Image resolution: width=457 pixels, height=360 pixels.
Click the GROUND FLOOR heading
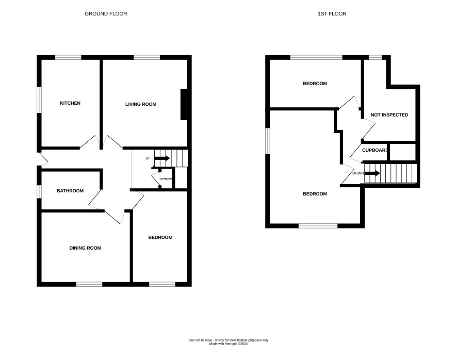coord(106,14)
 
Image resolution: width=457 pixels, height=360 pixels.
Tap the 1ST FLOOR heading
coord(332,14)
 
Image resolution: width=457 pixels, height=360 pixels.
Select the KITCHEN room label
coord(70,103)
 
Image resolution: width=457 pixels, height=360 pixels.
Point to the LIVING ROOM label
coord(141,104)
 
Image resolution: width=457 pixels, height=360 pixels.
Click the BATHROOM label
coord(70,191)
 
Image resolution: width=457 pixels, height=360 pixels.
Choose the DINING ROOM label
coord(85,248)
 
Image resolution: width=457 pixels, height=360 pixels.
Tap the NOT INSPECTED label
coord(389,115)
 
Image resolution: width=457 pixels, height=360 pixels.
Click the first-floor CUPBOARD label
coord(375,151)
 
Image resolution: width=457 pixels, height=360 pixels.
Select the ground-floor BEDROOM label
coord(160,238)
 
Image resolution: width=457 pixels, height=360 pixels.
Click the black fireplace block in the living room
coord(184,104)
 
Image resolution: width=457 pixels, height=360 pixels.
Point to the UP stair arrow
coord(162,158)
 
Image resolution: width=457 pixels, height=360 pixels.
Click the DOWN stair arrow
coord(372,173)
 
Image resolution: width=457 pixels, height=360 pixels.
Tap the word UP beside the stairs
coord(148,158)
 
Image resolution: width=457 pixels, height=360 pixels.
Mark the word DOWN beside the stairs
coord(358,173)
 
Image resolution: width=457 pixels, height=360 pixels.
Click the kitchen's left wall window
coord(39,100)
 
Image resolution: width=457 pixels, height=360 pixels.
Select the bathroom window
coord(39,192)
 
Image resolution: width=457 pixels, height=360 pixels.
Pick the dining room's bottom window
coord(89,284)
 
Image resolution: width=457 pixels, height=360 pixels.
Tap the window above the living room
coord(147,57)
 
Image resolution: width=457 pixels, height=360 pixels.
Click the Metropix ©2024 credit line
coord(228,344)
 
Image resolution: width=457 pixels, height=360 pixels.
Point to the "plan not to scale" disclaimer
coord(228,340)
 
